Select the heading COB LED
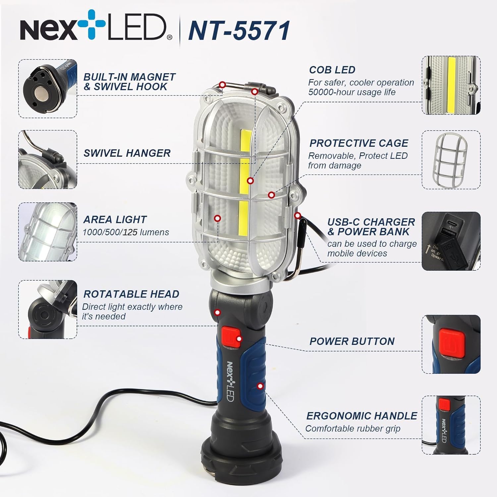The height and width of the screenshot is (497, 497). [332, 70]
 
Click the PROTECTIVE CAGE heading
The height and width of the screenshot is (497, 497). [359, 143]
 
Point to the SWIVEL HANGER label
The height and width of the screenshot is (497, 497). [127, 153]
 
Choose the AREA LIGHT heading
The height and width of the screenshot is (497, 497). [115, 219]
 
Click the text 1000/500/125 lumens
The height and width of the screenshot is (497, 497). [126, 232]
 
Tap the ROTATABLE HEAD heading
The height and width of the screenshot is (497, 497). [131, 294]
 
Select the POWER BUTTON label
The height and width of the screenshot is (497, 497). [352, 341]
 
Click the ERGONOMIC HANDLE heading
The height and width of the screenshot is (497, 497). [361, 416]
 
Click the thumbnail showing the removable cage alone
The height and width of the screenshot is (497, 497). [451, 160]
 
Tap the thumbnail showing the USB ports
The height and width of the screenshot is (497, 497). [451, 241]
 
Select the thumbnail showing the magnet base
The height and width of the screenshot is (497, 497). [48, 88]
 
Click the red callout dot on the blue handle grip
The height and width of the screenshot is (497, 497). [260, 386]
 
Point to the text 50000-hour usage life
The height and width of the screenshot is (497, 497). [352, 92]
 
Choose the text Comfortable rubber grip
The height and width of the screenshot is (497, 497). [353, 428]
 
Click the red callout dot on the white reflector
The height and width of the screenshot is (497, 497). [217, 218]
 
